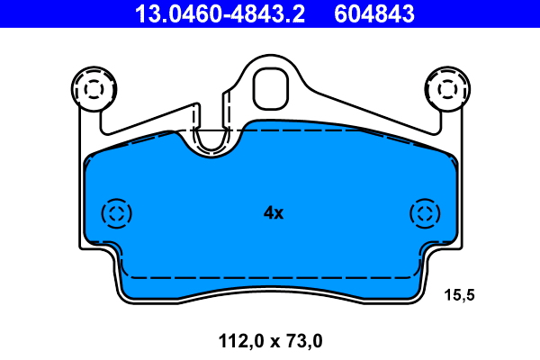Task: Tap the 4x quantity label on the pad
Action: (273, 213)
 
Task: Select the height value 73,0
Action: (302, 341)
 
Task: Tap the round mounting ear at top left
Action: (94, 89)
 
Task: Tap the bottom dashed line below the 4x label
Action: (273, 277)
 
